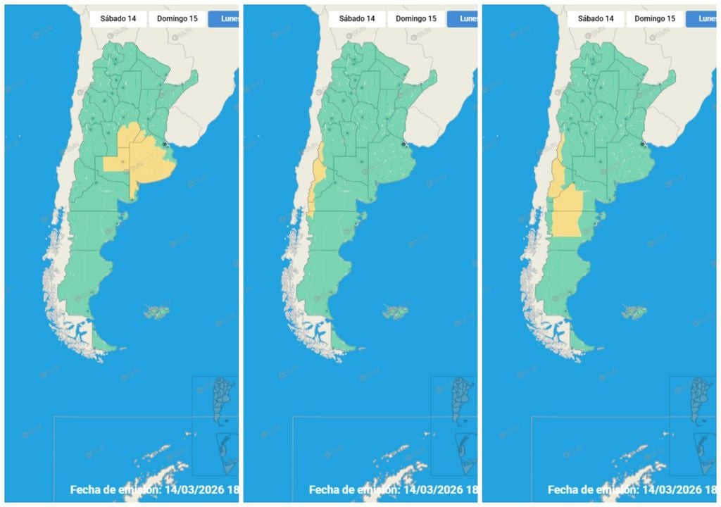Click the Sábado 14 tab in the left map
(x=118, y=18)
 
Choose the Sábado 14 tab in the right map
(x=595, y=18)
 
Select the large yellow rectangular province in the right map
(x=568, y=211)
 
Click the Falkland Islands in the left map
(x=156, y=312)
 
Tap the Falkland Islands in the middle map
(x=394, y=311)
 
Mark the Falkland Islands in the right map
(x=633, y=311)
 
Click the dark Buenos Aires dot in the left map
(x=165, y=144)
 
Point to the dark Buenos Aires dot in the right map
(x=643, y=144)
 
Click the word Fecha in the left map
(x=89, y=490)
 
